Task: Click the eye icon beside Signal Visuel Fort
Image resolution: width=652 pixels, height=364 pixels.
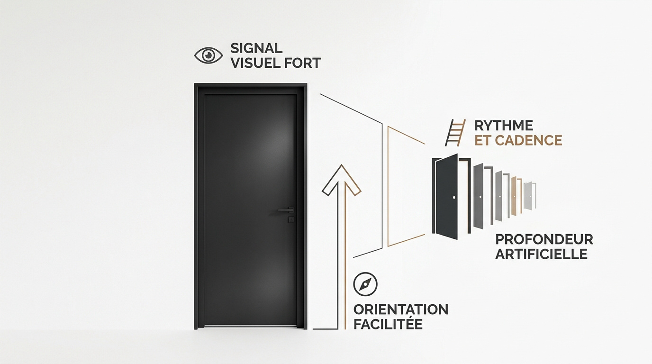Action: [x=208, y=55]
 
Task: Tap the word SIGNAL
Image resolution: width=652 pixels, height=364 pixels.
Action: [x=256, y=48]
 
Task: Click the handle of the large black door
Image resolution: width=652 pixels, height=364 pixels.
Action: [x=286, y=209]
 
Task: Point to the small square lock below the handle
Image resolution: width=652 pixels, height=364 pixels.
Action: [x=291, y=219]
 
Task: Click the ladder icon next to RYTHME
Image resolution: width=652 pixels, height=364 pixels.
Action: [x=455, y=133]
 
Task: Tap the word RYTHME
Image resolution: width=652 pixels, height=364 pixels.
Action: [x=504, y=126]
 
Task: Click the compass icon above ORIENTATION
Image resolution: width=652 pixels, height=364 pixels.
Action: [x=365, y=284]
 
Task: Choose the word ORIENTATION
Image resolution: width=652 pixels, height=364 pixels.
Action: [x=401, y=309]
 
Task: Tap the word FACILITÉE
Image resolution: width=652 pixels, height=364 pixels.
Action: [x=388, y=324]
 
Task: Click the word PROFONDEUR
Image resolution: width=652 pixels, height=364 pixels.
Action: [x=544, y=239]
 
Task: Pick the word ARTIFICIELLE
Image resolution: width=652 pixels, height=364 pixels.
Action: [x=542, y=254]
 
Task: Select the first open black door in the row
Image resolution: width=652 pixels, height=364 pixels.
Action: [x=446, y=197]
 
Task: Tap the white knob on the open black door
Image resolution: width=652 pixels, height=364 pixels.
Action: [x=454, y=198]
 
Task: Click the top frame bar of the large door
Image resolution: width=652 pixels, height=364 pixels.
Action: [x=251, y=85]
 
